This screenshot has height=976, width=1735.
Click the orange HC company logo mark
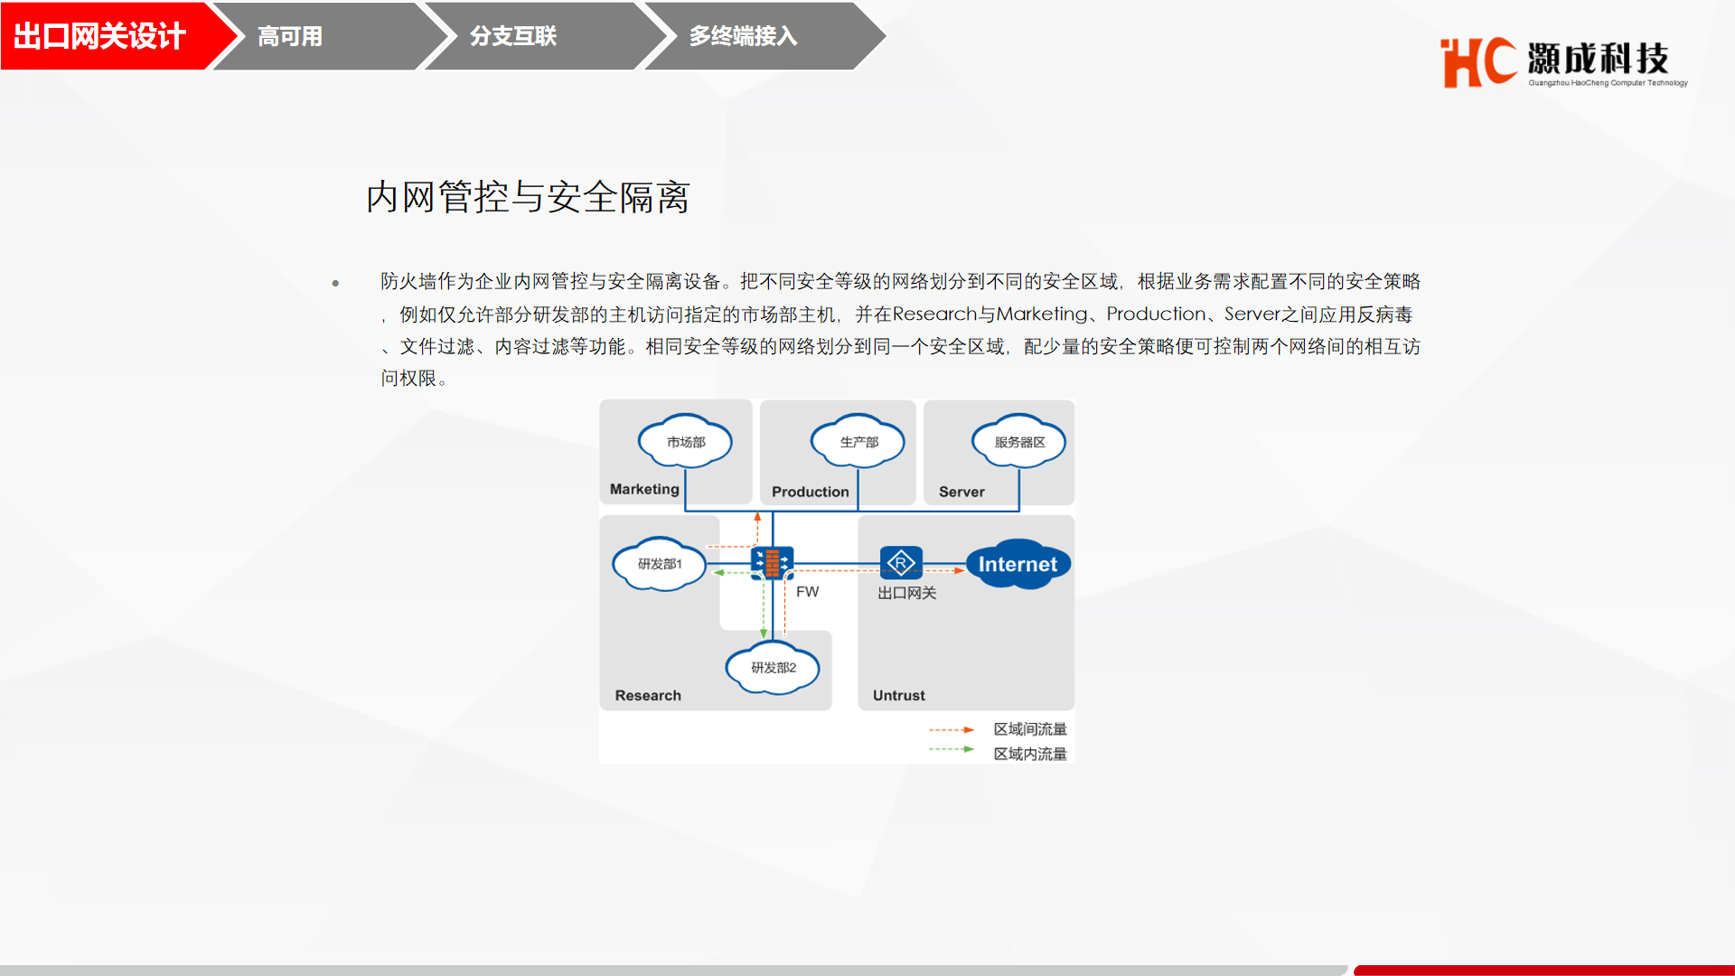[1478, 62]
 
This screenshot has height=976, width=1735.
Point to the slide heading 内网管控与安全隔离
[528, 197]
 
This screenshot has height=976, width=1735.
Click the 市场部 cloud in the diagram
[685, 441]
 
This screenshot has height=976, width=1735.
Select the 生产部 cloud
[858, 441]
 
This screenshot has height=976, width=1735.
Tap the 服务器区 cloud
[1019, 441]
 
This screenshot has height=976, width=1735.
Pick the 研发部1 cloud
[660, 564]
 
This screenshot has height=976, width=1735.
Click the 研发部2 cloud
[774, 668]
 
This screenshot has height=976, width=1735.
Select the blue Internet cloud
[1018, 564]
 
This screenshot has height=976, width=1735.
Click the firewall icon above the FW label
[773, 562]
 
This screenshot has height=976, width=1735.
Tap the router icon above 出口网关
[901, 562]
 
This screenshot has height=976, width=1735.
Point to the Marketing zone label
[644, 489]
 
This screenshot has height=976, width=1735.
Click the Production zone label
[811, 492]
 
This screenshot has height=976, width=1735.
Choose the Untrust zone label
[899, 695]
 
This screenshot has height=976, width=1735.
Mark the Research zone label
[648, 695]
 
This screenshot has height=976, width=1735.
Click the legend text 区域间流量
[1030, 729]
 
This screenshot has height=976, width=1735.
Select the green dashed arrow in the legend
[952, 749]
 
